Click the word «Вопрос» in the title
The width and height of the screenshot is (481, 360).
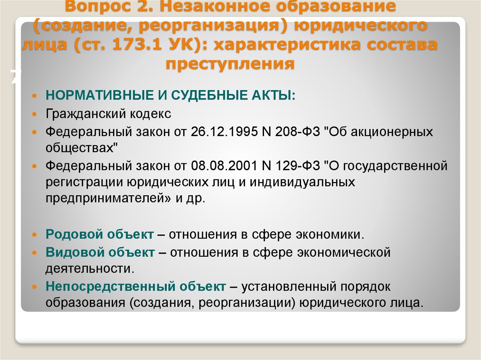(x=98, y=6)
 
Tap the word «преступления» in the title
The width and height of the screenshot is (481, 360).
(x=230, y=64)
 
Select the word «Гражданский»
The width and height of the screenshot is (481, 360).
(x=85, y=114)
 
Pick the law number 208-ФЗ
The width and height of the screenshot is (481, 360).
(x=297, y=131)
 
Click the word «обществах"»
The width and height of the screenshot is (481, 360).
(x=82, y=148)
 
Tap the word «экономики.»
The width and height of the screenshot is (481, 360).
(x=330, y=235)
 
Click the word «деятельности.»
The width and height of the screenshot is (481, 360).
(x=90, y=268)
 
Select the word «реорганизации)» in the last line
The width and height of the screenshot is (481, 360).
(x=247, y=303)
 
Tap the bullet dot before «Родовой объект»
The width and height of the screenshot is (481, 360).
(x=34, y=235)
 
